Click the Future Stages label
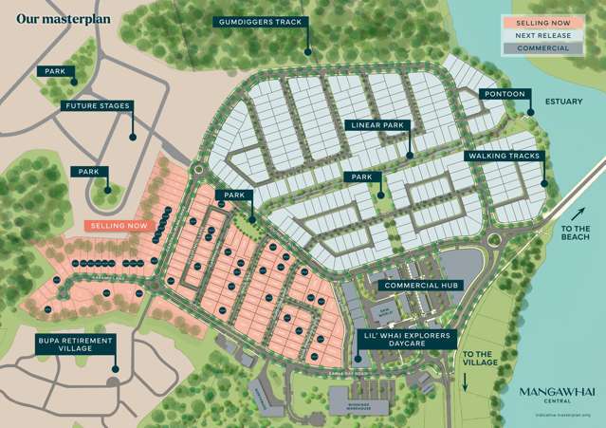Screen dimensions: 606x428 (x=97, y=106)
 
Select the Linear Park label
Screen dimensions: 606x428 (x=377, y=125)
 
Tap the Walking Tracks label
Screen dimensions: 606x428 (x=503, y=156)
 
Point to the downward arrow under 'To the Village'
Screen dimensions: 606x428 (x=467, y=381)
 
